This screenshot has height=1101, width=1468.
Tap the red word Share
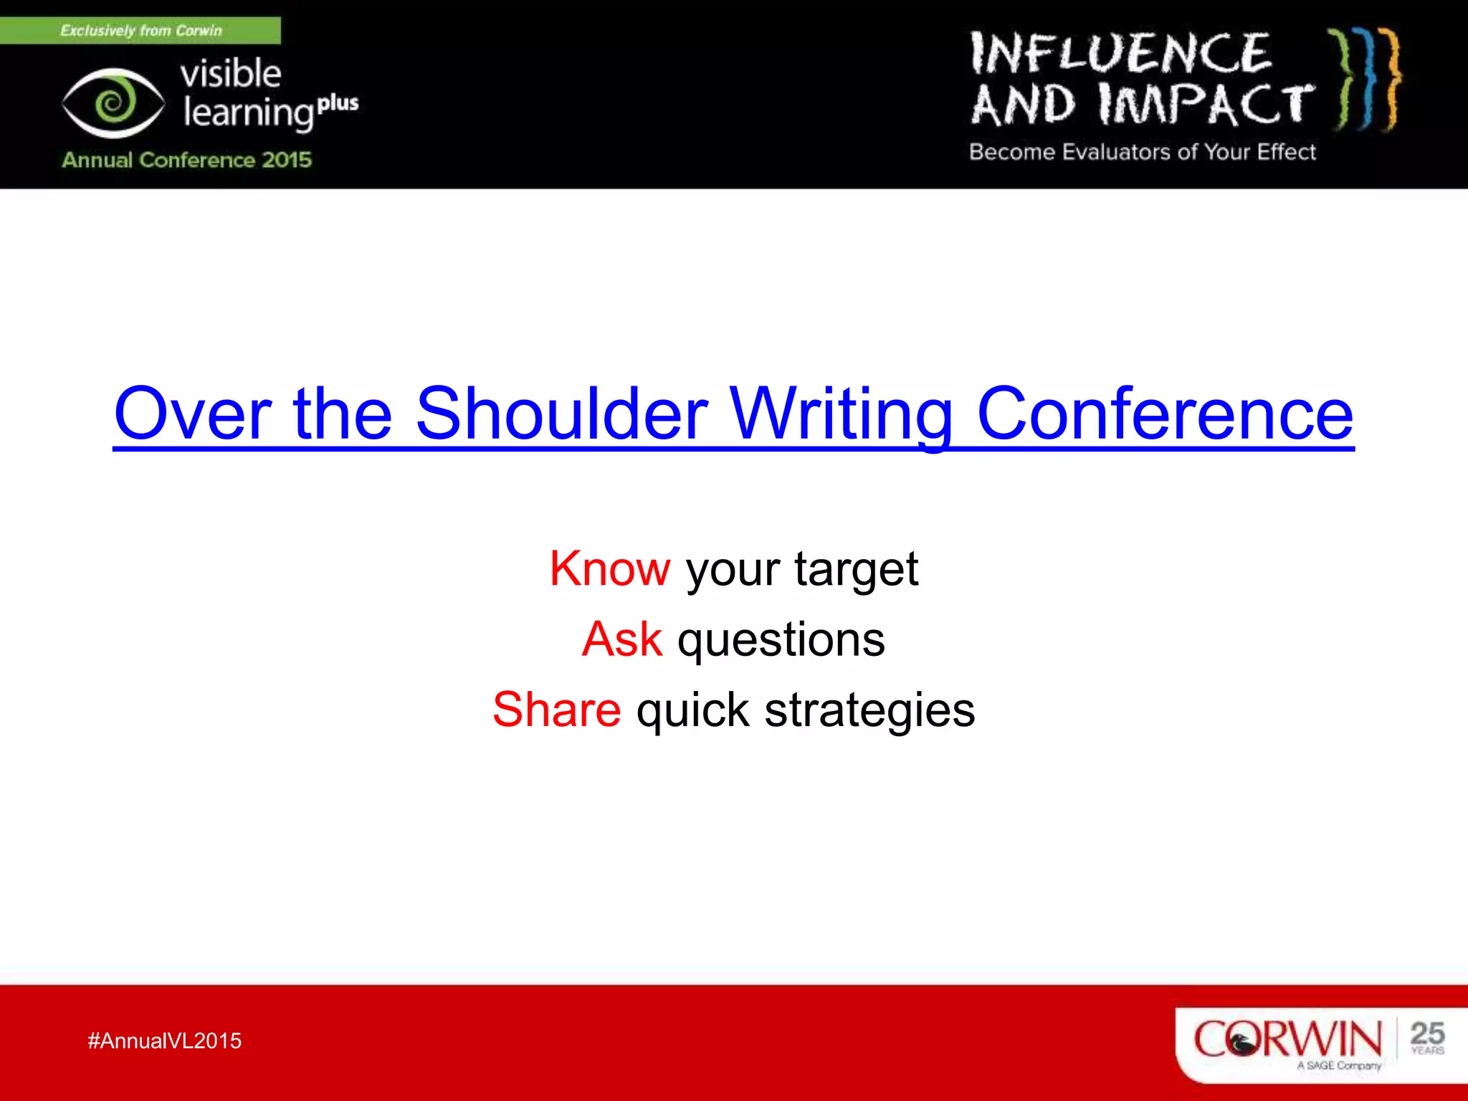(557, 710)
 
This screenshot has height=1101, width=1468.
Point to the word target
(856, 570)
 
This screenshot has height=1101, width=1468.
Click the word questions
(781, 640)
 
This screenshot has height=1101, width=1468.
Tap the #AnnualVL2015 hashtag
(165, 1041)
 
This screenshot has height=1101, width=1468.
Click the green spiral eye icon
(113, 103)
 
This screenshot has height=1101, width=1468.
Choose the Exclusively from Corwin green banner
(140, 31)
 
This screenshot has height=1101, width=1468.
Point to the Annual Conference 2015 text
(186, 159)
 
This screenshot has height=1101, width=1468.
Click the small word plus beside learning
(338, 103)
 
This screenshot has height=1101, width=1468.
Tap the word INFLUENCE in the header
(1120, 54)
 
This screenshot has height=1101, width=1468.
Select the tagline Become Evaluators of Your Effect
(1142, 152)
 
